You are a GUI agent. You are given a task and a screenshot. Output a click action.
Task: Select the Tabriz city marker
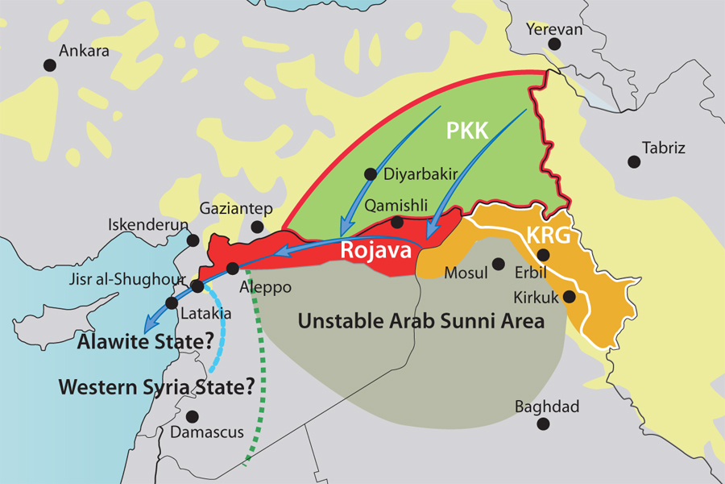[x=634, y=161]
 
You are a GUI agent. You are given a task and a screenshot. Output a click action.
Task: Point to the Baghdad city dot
[x=545, y=423]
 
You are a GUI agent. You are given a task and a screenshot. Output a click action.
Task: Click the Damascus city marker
[x=192, y=416]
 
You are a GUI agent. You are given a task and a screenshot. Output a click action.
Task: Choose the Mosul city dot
[x=499, y=264]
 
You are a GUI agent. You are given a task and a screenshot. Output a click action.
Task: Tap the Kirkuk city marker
[x=569, y=296]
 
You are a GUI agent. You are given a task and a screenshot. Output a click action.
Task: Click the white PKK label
[x=468, y=131]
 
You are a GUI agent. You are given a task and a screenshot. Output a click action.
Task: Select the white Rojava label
[x=375, y=249]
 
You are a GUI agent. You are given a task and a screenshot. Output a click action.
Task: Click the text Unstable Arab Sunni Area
[x=420, y=321]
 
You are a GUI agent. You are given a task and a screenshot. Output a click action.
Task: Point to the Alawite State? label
[x=139, y=342]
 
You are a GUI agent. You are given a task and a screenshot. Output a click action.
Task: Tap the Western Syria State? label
[x=156, y=387]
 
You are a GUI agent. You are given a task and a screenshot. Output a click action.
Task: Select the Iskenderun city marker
[x=193, y=240]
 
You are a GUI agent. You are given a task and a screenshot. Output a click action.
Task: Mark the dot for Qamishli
[x=397, y=222]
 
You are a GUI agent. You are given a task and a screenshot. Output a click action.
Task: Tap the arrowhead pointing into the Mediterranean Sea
[x=145, y=329]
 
